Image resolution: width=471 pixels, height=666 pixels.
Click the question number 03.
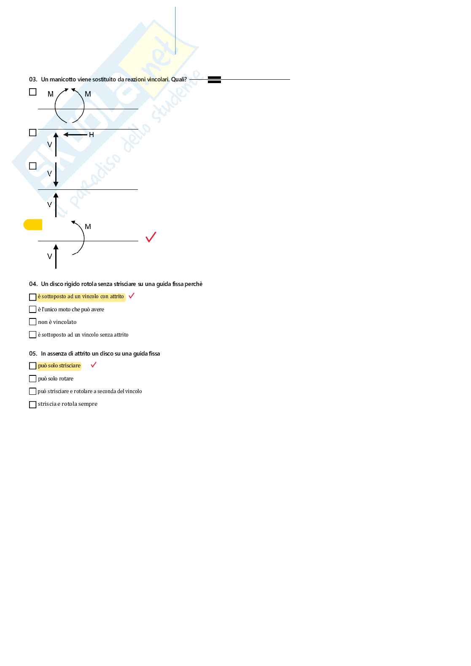pyautogui.click(x=33, y=79)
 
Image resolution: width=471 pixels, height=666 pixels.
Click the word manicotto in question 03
pyautogui.click(x=63, y=79)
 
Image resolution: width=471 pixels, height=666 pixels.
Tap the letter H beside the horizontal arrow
pyautogui.click(x=92, y=135)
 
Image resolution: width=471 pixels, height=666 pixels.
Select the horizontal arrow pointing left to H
pyautogui.click(x=75, y=135)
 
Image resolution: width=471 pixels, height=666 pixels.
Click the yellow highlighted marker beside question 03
pyautogui.click(x=33, y=225)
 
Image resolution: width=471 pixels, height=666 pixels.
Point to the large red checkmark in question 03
pyautogui.click(x=151, y=237)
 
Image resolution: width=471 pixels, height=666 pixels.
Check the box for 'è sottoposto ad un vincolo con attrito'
pyautogui.click(x=32, y=297)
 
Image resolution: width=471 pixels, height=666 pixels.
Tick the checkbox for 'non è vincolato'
pyautogui.click(x=32, y=322)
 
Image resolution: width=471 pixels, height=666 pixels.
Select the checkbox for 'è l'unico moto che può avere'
pyautogui.click(x=32, y=310)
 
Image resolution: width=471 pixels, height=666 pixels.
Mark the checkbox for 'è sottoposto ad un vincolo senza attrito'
pyautogui.click(x=32, y=335)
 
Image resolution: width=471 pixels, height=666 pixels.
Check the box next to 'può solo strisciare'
pyautogui.click(x=32, y=366)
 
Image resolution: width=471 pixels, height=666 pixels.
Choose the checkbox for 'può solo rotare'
pyautogui.click(x=32, y=379)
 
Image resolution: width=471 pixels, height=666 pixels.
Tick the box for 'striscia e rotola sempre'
pyautogui.click(x=32, y=404)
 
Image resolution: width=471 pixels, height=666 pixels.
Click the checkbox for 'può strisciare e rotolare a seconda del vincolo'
pyautogui.click(x=32, y=391)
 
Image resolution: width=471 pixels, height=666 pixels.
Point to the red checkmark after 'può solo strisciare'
pyautogui.click(x=94, y=365)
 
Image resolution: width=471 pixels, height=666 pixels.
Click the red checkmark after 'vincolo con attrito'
pyautogui.click(x=132, y=296)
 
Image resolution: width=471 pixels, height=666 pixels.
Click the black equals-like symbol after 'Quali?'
pyautogui.click(x=214, y=80)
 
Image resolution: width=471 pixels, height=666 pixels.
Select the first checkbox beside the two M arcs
pyautogui.click(x=33, y=92)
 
